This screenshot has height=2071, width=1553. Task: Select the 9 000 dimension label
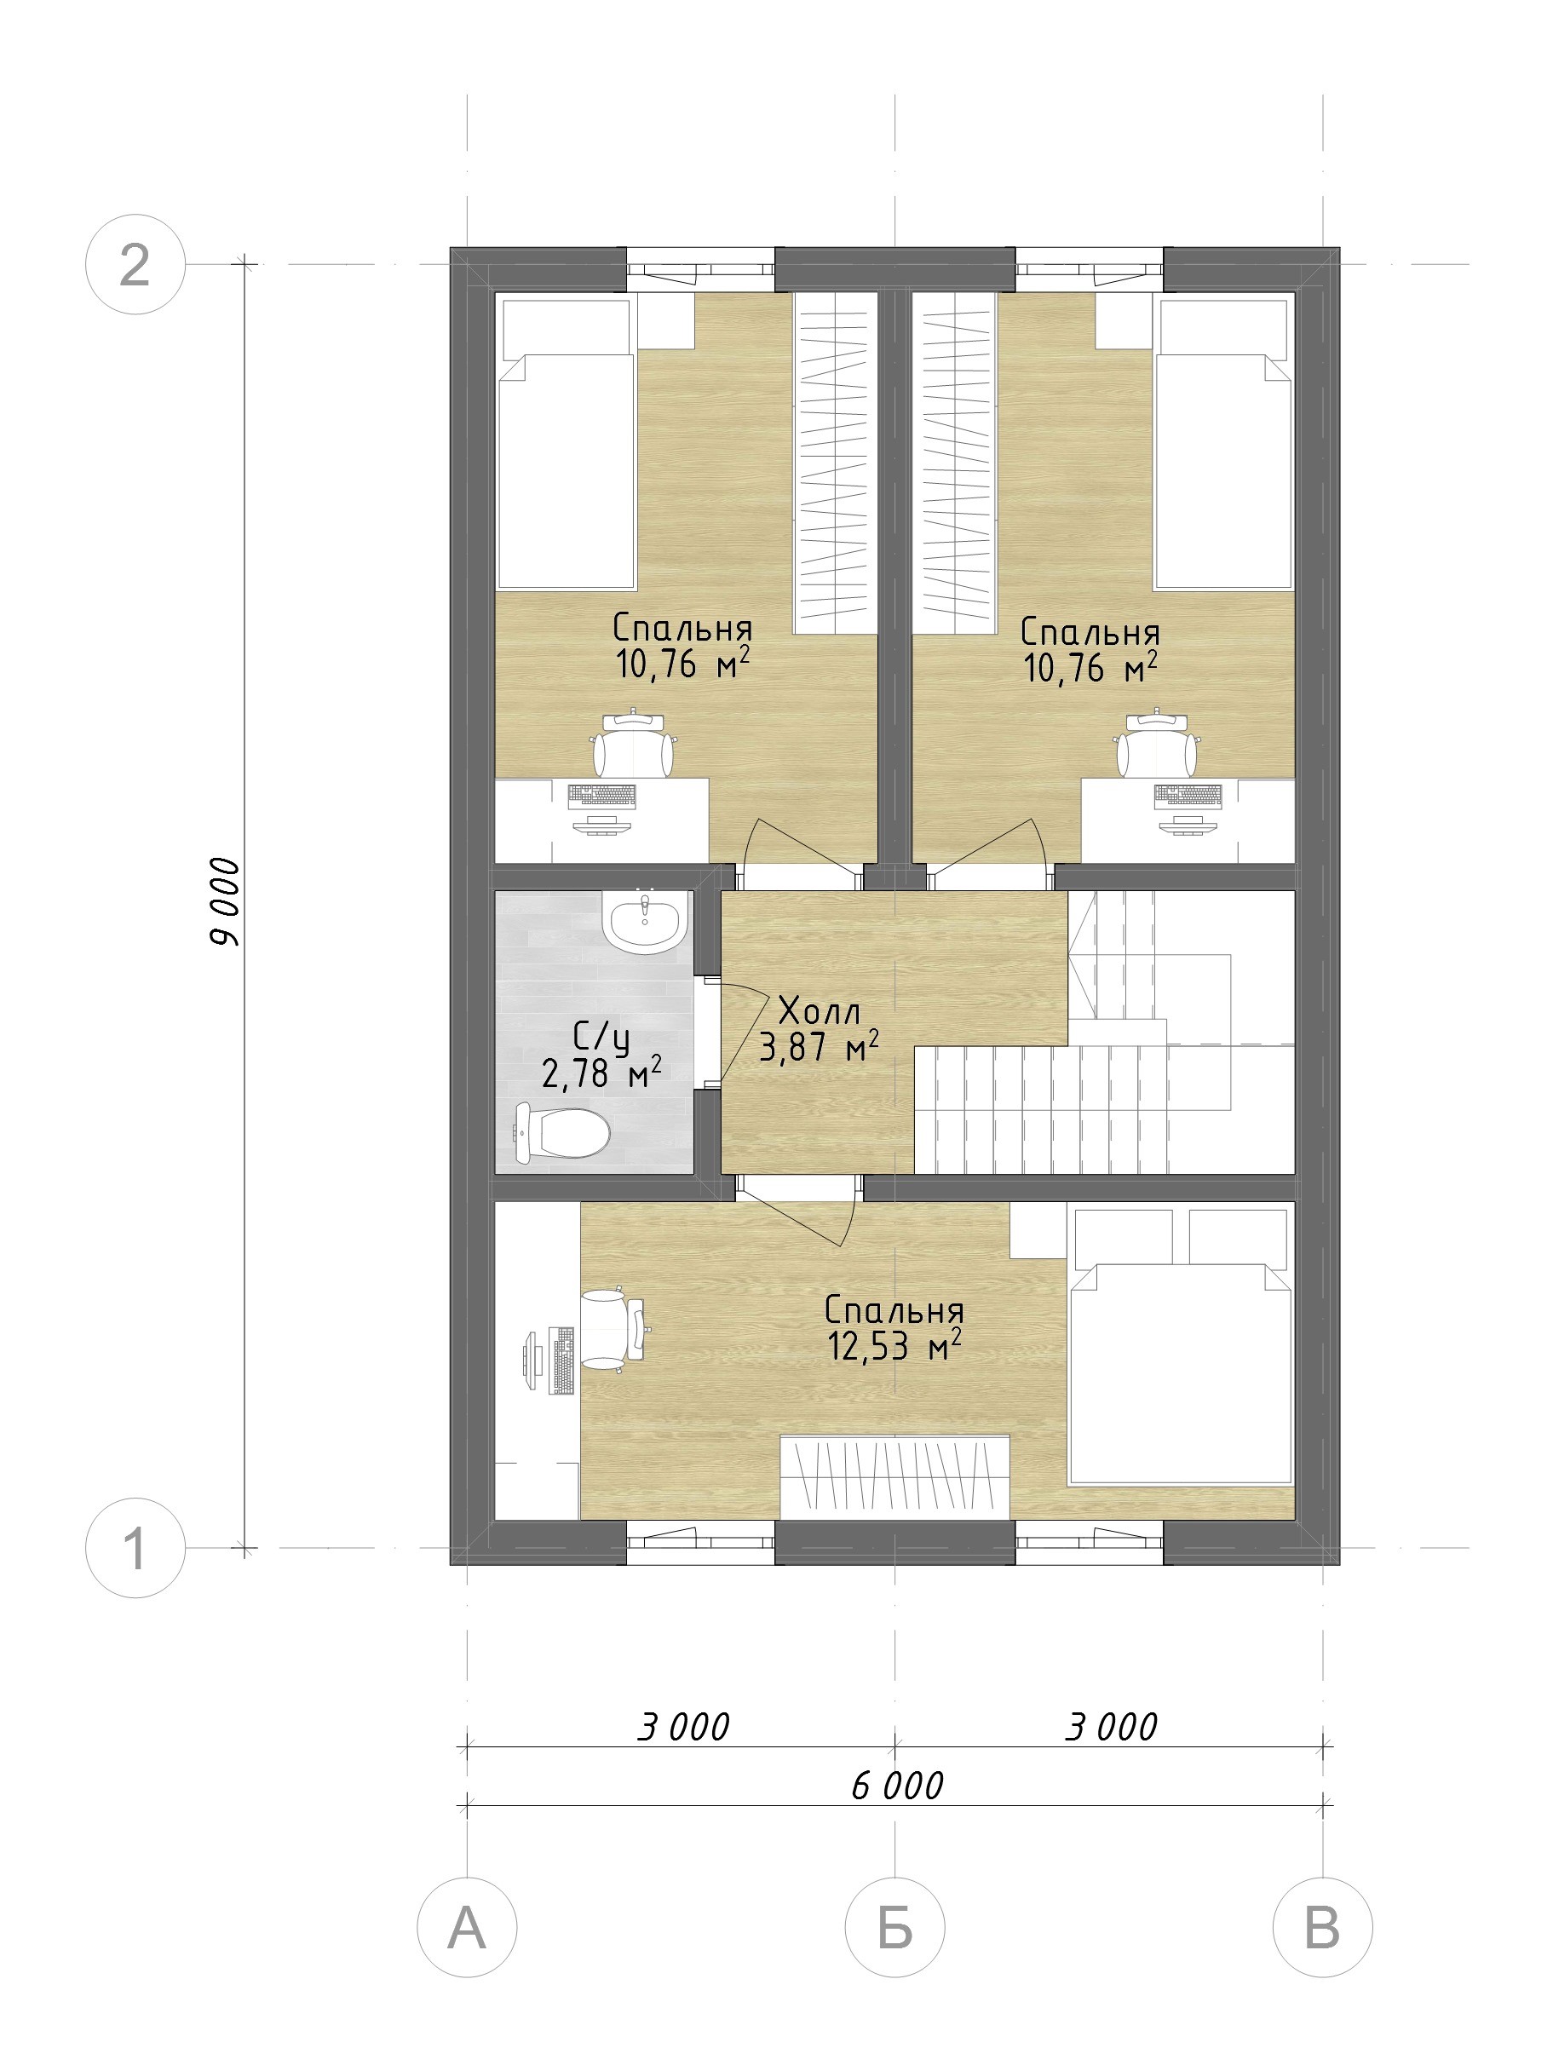click(x=225, y=900)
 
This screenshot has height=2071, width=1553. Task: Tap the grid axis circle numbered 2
click(x=135, y=265)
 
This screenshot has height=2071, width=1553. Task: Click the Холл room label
click(x=819, y=1011)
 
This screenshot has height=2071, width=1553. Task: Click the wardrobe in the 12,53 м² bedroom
click(x=895, y=1476)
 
